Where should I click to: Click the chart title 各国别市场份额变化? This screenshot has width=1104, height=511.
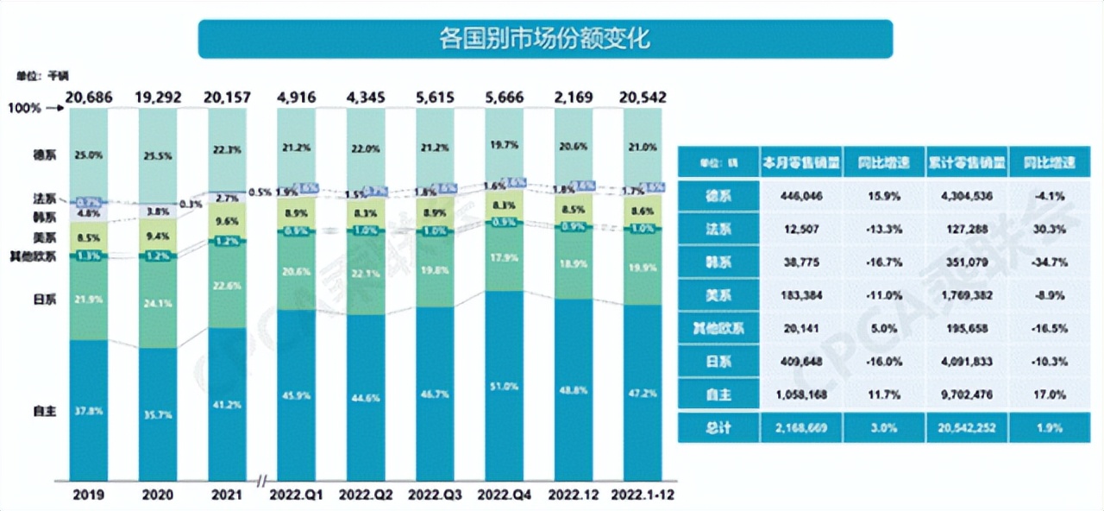(544, 39)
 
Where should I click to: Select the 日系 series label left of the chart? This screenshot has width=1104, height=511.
(44, 299)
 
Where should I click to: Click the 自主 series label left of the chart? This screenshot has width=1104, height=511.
(44, 412)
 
